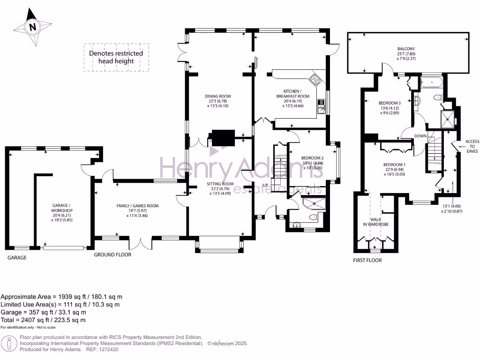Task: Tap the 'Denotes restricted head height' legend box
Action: (116, 57)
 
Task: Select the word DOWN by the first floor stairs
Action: (420, 136)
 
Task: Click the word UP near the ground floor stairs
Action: (265, 185)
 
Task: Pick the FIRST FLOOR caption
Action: (367, 260)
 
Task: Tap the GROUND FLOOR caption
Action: (112, 255)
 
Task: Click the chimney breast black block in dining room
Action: (223, 137)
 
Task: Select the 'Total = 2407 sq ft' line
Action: (43, 320)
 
